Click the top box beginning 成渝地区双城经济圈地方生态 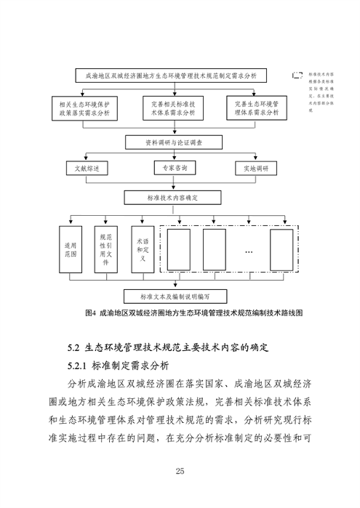(171, 75)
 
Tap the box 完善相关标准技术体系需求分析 (173, 109)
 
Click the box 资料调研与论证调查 (173, 142)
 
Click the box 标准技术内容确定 (173, 197)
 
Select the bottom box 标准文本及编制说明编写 (173, 297)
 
